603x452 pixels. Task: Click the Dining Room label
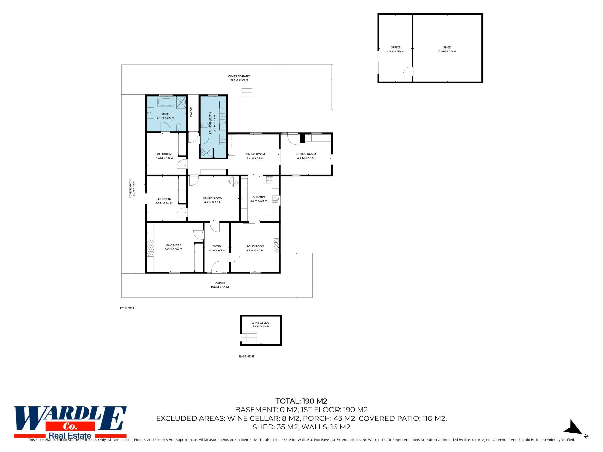(x=255, y=154)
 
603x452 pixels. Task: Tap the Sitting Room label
(x=306, y=154)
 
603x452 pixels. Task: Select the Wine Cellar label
(x=261, y=323)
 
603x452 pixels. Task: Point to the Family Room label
(x=213, y=198)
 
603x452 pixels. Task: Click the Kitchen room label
(x=259, y=197)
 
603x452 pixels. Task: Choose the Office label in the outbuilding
(x=395, y=48)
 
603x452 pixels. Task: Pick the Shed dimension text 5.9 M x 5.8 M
(x=447, y=51)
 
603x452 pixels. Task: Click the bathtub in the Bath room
(x=166, y=102)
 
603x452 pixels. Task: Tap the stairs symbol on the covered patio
(x=247, y=93)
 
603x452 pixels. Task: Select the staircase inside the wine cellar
(x=249, y=338)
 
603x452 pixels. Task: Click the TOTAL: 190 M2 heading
(x=301, y=401)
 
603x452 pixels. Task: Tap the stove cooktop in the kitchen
(x=270, y=180)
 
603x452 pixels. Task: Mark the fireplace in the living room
(x=276, y=246)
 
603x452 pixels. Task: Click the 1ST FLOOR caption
(x=127, y=308)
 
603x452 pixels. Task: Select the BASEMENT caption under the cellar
(x=247, y=356)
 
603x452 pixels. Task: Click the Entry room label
(x=217, y=246)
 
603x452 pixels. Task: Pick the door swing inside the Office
(x=407, y=72)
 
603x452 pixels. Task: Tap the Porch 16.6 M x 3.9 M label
(x=220, y=285)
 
